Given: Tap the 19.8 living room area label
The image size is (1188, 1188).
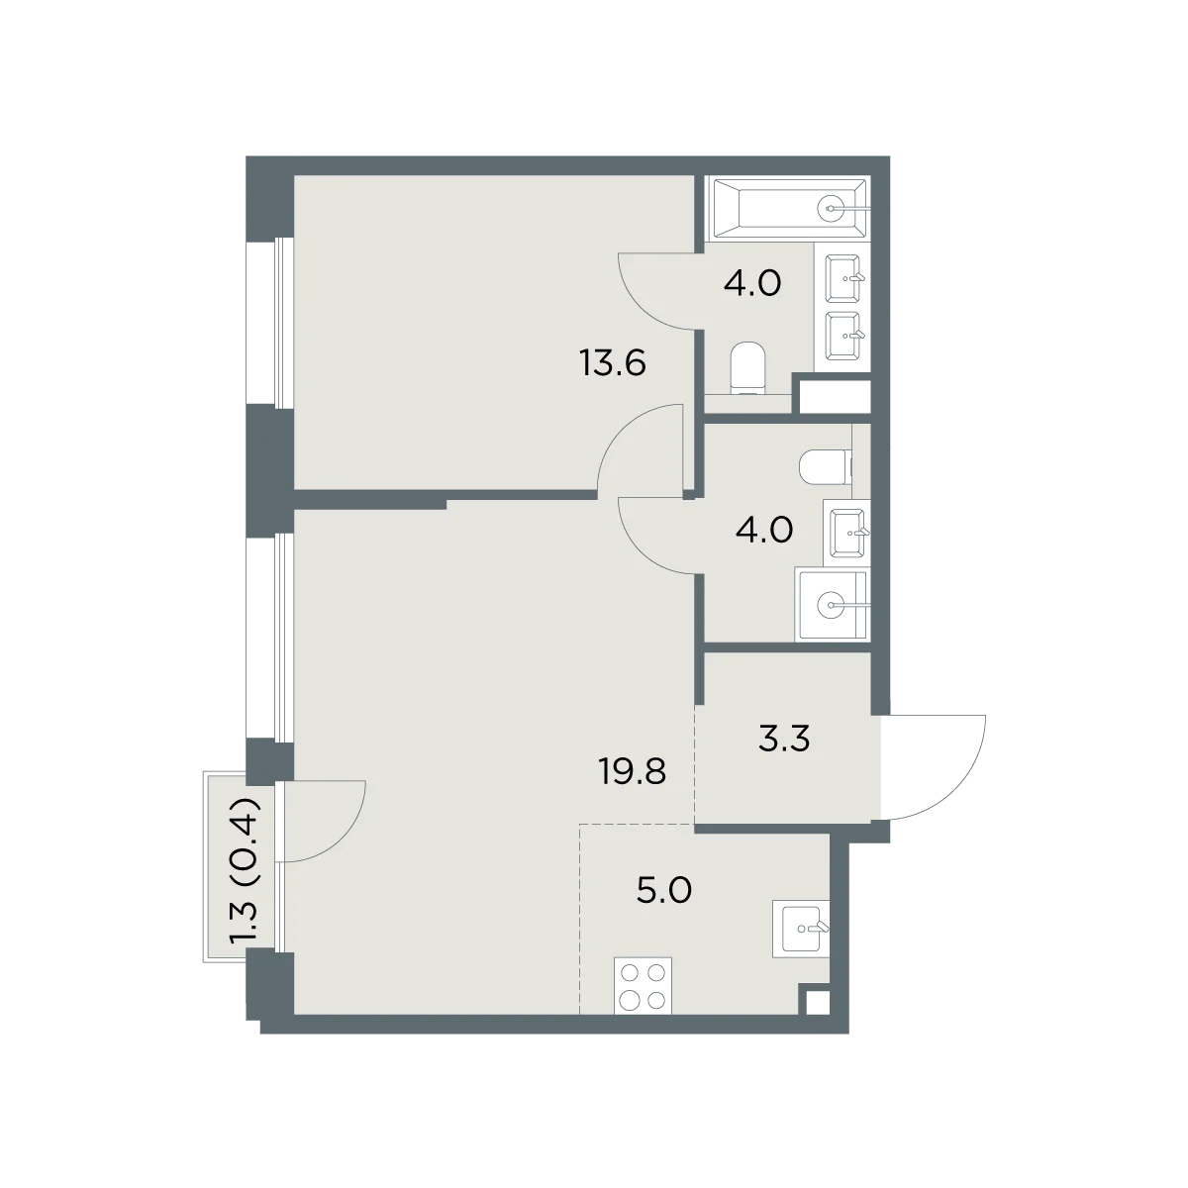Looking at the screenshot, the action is [632, 771].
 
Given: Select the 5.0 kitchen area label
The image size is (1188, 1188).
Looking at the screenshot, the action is [664, 890].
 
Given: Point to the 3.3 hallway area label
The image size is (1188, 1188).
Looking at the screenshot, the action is [783, 739].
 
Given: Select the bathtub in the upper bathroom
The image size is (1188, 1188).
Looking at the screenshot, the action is [787, 208].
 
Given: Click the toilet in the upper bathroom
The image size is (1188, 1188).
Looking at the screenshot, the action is [747, 368].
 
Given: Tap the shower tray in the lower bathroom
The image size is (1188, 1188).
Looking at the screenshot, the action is [833, 605].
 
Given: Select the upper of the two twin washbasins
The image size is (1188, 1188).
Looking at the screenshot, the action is [842, 278].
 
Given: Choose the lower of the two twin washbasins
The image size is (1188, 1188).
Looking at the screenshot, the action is [842, 336].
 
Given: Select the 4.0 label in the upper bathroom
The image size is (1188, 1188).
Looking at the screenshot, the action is [752, 284].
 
